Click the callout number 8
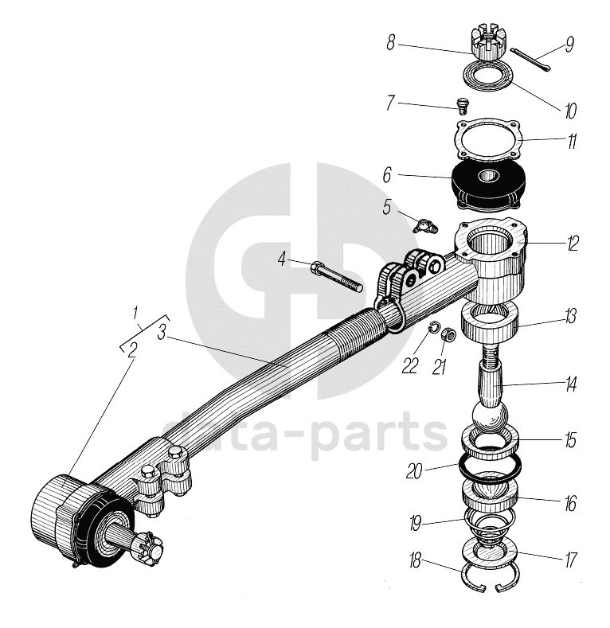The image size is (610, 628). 391,42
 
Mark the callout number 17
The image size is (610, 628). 570,560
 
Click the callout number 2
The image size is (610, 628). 133,349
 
